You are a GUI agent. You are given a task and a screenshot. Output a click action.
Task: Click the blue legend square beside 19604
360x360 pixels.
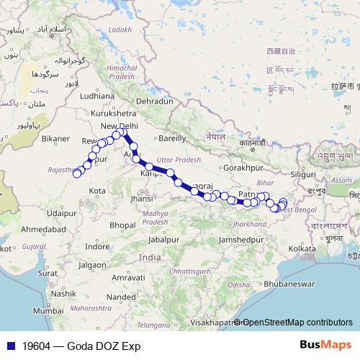(x=8, y=346)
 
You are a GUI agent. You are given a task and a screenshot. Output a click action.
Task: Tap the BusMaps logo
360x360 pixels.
(x=325, y=345)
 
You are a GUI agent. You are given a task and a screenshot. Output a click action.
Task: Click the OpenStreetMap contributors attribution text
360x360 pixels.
(x=297, y=322)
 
